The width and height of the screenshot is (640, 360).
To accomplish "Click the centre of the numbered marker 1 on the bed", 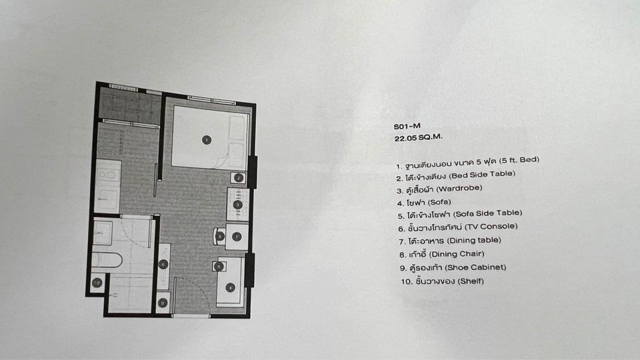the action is click(207, 140).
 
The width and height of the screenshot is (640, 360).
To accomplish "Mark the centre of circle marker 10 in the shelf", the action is click(97, 283).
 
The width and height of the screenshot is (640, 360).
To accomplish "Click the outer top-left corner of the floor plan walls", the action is click(96, 82).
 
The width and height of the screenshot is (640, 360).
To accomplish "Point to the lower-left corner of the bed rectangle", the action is click(171, 166).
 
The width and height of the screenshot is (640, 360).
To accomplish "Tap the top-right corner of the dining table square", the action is click(248, 223).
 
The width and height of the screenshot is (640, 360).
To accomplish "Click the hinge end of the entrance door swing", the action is click(175, 277).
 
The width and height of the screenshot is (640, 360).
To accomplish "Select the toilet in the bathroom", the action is click(107, 260).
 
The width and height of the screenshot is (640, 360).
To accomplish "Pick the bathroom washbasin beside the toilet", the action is click(103, 233).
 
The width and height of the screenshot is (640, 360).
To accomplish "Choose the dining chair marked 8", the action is click(219, 236).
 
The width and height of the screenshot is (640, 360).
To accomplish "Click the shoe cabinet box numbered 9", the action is click(163, 303).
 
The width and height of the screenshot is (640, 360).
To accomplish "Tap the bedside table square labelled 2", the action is click(239, 177).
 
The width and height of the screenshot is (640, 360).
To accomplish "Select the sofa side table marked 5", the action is click(219, 267).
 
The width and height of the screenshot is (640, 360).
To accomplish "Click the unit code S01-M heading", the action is click(407, 126).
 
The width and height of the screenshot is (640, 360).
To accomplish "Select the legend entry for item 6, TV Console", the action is click(458, 227).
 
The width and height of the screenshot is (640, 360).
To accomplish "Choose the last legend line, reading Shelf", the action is click(443, 281).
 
